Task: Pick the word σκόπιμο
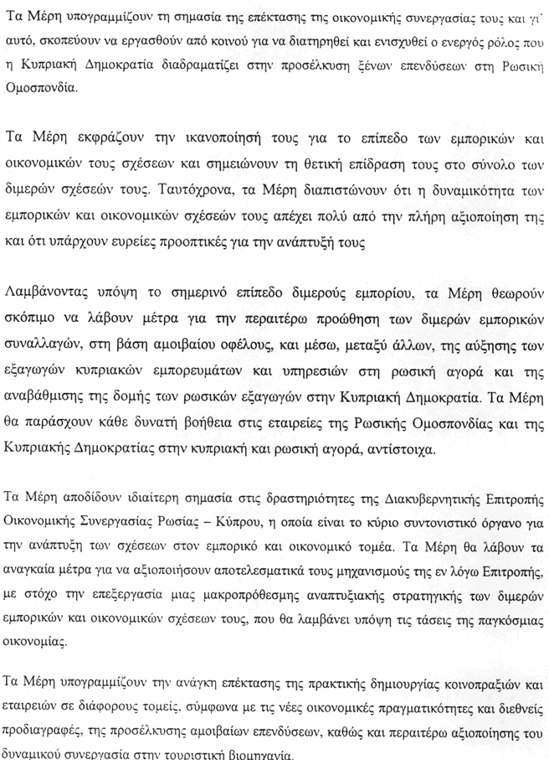point(31,318)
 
